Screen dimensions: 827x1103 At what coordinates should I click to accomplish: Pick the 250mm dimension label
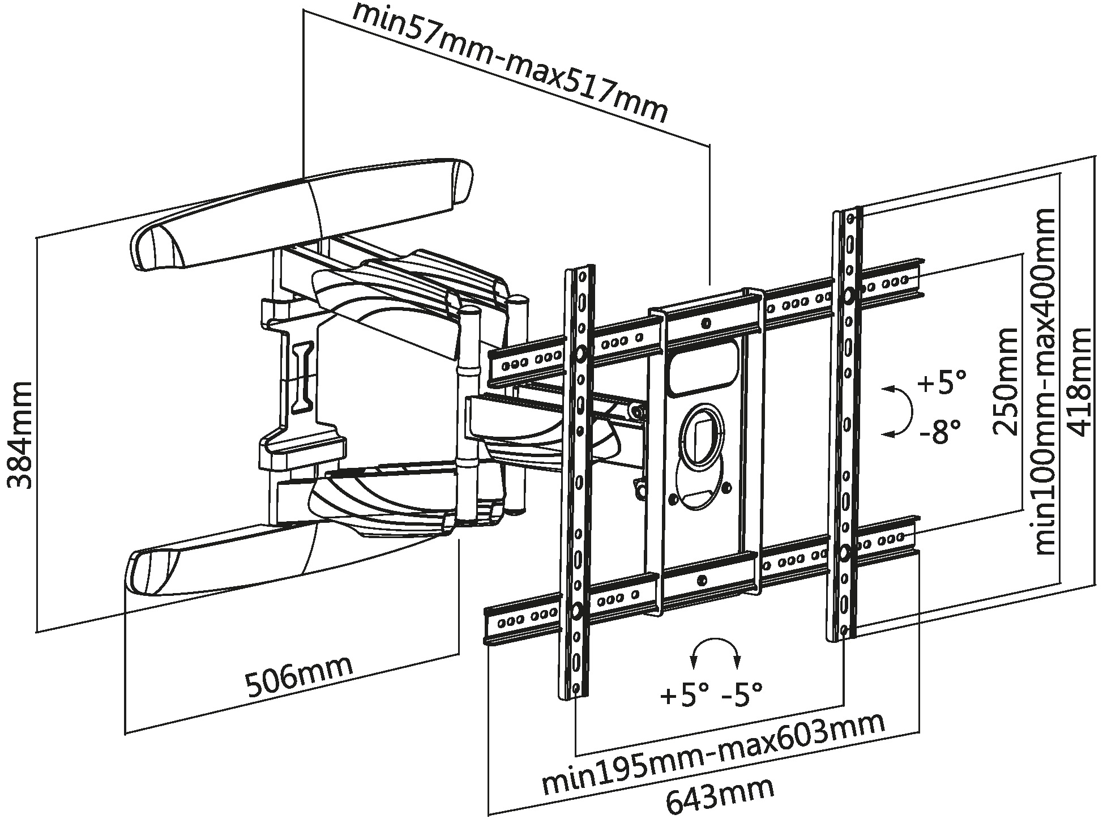pos(1006,381)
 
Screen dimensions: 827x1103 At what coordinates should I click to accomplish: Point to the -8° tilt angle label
pos(940,432)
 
